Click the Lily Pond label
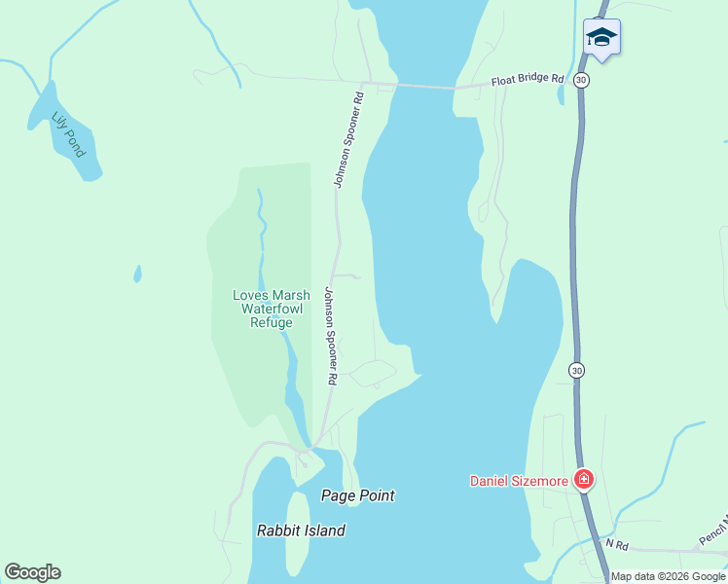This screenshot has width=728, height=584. (x=69, y=135)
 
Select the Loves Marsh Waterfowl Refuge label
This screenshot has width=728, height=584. (x=271, y=309)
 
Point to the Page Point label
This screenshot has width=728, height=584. (x=358, y=495)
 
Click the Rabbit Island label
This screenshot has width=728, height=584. (x=301, y=530)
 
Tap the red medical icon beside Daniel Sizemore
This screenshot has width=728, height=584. (x=583, y=479)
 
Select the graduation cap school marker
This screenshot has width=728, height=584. (x=601, y=37)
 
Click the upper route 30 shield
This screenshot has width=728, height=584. (x=581, y=80)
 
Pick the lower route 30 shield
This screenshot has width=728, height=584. (x=577, y=370)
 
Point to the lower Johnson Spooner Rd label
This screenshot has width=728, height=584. (x=331, y=335)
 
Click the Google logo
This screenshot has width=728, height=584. (x=32, y=572)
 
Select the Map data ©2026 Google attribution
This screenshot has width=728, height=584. (x=669, y=576)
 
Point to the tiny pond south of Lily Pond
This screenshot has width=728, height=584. (x=137, y=274)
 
